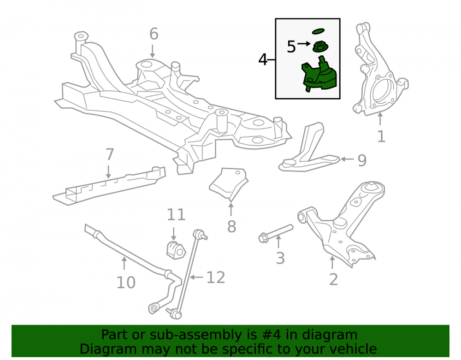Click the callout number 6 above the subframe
click(x=154, y=34)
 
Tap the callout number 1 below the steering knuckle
click(x=381, y=136)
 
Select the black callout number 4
click(x=263, y=59)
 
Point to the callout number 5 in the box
click(x=291, y=47)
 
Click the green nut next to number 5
click(x=320, y=47)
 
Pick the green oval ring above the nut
click(x=318, y=31)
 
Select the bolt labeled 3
click(x=276, y=233)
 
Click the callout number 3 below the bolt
click(x=280, y=258)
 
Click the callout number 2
click(x=333, y=279)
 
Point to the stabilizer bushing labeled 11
click(x=176, y=250)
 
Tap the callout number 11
click(x=176, y=214)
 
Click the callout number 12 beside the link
click(x=216, y=277)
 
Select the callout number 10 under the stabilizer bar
click(x=126, y=283)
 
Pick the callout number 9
click(x=362, y=160)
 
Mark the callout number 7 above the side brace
click(x=109, y=154)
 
